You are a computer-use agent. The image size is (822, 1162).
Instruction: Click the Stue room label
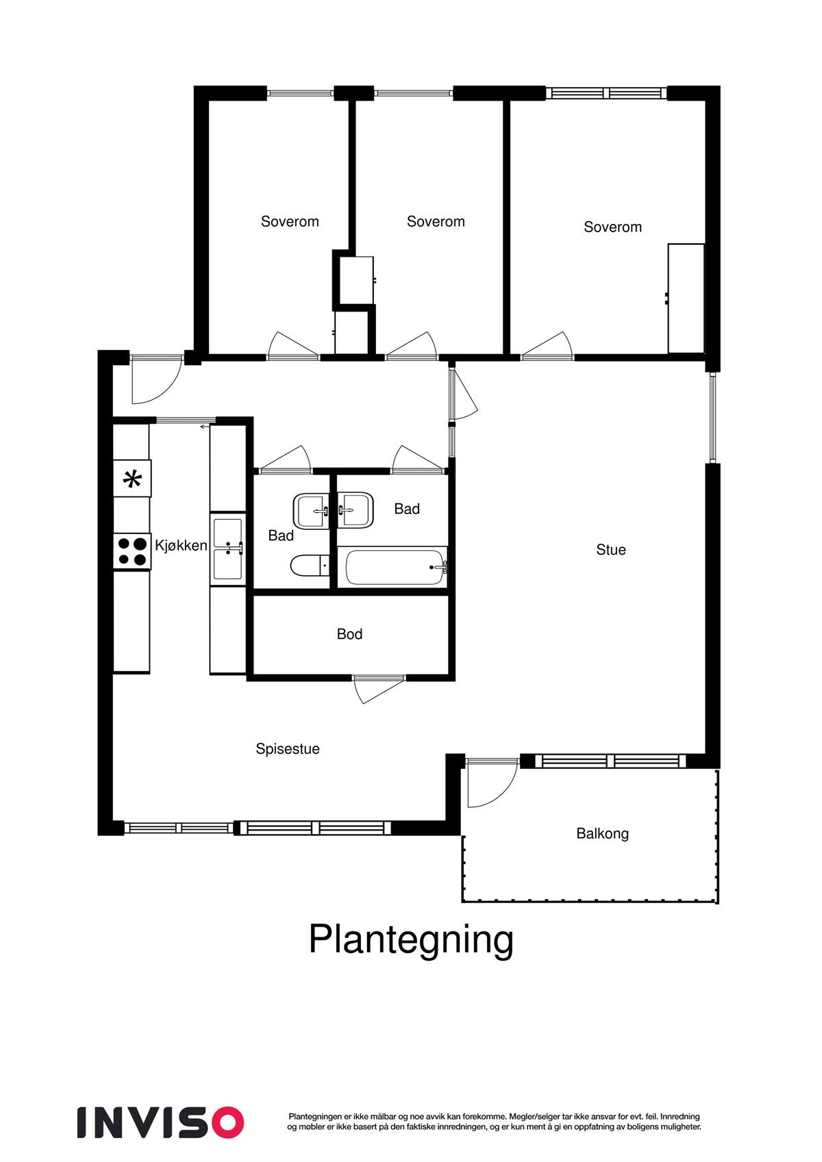(610, 550)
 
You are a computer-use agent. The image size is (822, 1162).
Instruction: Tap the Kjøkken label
(181, 546)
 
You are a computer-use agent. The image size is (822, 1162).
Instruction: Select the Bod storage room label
(349, 635)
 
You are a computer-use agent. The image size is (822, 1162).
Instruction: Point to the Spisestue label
(288, 749)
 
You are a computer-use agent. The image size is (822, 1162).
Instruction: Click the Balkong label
(602, 834)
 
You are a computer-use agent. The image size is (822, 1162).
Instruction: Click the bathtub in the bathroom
(396, 567)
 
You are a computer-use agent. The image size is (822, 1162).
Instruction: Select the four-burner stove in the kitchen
(132, 551)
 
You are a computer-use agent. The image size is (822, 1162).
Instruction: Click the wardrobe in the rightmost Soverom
(686, 298)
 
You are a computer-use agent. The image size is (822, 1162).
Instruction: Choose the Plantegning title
(411, 939)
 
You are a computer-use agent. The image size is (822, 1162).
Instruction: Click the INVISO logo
(160, 1122)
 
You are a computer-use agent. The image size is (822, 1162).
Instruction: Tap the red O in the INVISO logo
(227, 1122)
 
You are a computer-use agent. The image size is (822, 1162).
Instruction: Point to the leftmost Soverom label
(290, 222)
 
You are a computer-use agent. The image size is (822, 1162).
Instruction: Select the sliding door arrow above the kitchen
(204, 427)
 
